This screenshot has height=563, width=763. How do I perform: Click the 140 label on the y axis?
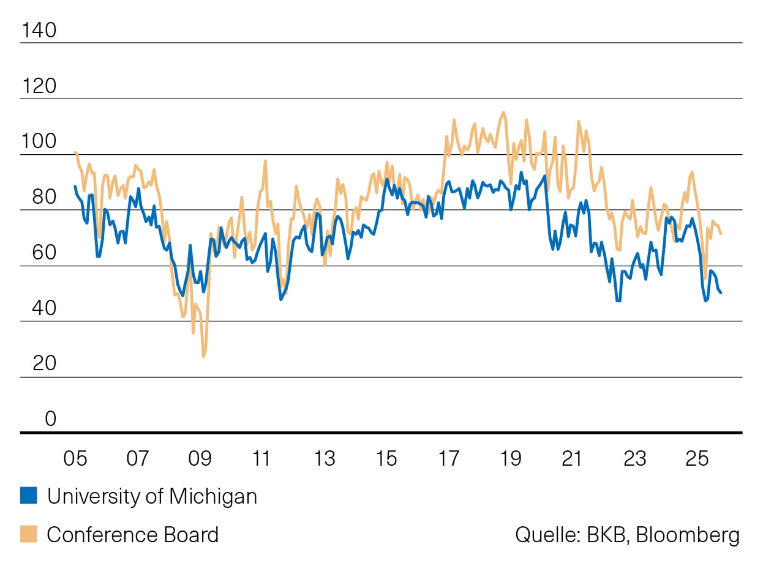click(39, 30)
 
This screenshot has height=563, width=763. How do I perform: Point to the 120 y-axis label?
click(39, 86)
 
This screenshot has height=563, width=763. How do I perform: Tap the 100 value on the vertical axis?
click(39, 141)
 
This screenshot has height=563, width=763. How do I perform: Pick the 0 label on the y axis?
click(50, 419)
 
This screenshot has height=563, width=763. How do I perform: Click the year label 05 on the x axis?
click(75, 458)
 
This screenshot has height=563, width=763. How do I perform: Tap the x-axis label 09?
click(200, 458)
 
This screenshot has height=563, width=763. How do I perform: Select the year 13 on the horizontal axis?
click(324, 458)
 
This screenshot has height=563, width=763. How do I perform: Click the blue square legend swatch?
click(29, 496)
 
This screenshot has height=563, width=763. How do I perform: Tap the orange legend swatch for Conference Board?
click(29, 534)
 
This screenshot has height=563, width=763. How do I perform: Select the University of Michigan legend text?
click(152, 496)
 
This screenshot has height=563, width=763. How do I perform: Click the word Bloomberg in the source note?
click(688, 535)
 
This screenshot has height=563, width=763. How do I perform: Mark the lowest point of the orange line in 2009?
click(203, 357)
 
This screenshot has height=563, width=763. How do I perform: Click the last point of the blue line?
click(721, 293)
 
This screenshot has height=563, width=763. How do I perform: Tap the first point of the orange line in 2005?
click(75, 152)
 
